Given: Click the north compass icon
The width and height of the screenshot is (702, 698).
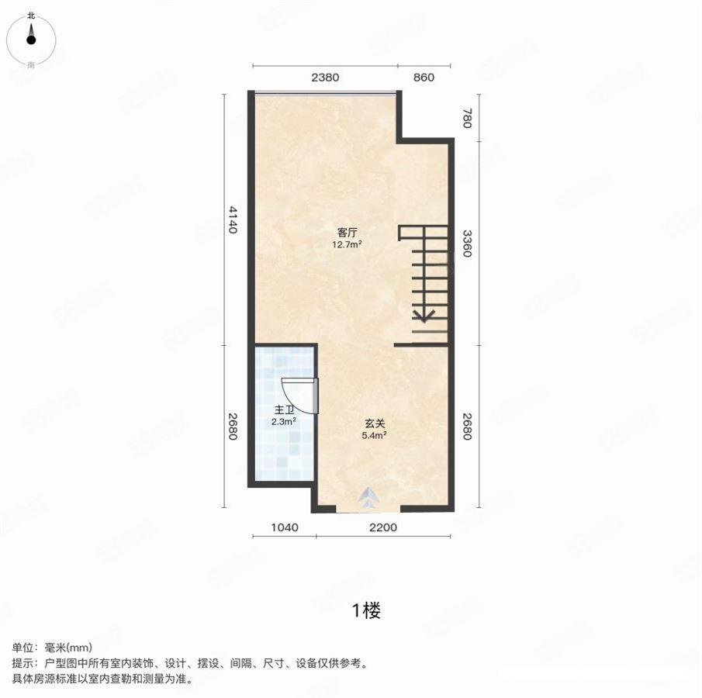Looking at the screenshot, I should pos(31,35).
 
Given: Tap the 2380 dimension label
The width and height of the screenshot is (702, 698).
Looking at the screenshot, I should pos(326,78).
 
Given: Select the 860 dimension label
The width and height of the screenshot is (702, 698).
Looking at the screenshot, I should pos(424,78).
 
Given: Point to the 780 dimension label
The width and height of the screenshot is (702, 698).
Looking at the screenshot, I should pos(467,118).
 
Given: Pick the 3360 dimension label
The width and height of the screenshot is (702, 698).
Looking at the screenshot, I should pos(467,244).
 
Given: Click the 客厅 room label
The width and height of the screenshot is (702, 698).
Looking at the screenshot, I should pos(348,233).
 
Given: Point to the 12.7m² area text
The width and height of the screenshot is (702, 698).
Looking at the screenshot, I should pos(348,244).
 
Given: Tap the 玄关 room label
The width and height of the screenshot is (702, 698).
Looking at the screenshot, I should pos(375,423).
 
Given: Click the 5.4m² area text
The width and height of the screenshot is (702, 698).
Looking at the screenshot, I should pos(375,435).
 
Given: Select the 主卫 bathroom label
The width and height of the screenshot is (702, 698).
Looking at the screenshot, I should pos(284,410).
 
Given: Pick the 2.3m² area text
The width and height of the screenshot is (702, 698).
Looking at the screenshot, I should pos(284,422).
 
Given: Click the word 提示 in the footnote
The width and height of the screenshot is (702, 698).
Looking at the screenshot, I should pos(22,663).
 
